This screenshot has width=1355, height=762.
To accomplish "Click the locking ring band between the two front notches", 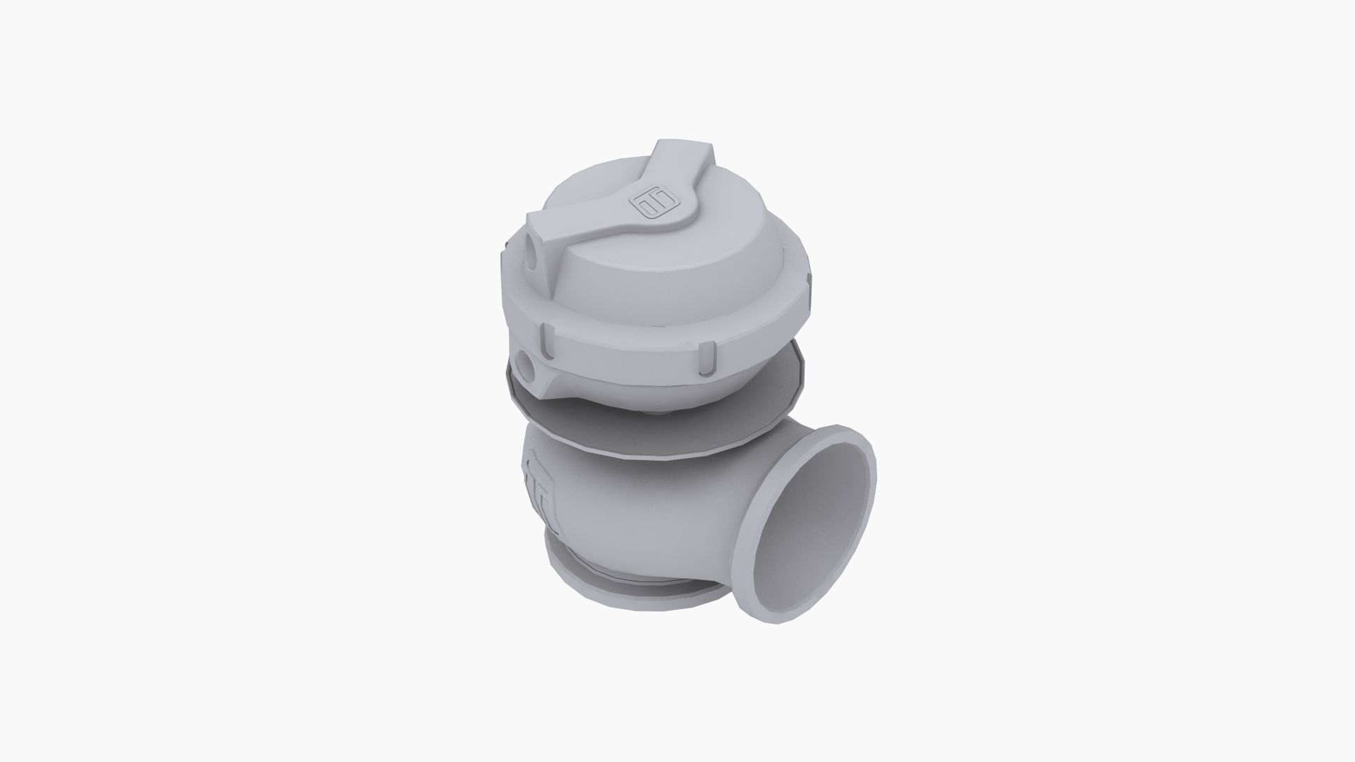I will pyautogui.click(x=628, y=353).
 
